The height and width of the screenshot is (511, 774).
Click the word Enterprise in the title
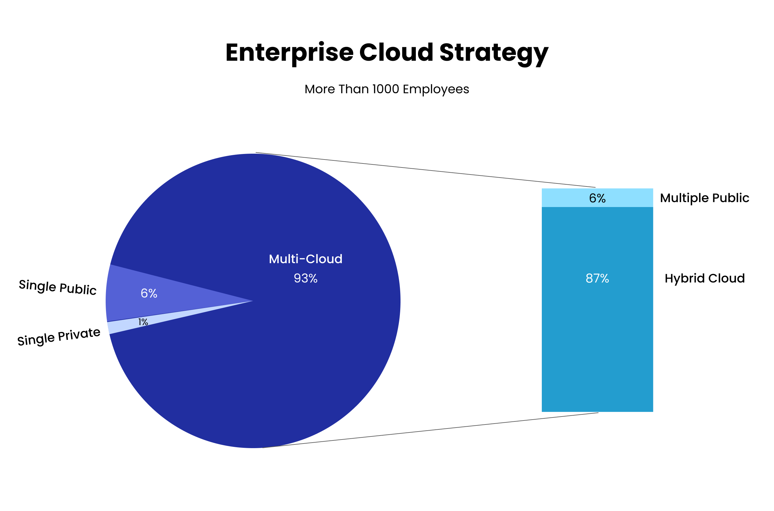(x=289, y=53)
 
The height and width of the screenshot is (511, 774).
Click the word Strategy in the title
(x=494, y=53)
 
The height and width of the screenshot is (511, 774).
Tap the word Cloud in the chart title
(x=396, y=53)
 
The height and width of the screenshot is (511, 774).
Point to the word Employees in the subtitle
(x=436, y=89)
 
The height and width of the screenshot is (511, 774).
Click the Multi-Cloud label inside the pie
(x=305, y=259)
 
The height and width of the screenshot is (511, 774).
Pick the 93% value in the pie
(x=305, y=278)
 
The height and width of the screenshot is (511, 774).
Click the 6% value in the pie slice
(x=149, y=294)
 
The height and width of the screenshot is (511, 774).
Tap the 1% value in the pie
(x=143, y=322)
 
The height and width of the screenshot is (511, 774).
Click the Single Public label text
(x=58, y=287)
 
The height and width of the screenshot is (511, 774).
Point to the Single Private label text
(x=59, y=337)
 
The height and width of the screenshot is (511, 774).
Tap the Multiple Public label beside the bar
(x=705, y=198)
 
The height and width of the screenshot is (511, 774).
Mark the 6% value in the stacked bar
(x=597, y=198)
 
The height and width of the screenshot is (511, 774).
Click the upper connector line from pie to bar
(x=424, y=170)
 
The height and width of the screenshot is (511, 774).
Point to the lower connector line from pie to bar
(x=431, y=430)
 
